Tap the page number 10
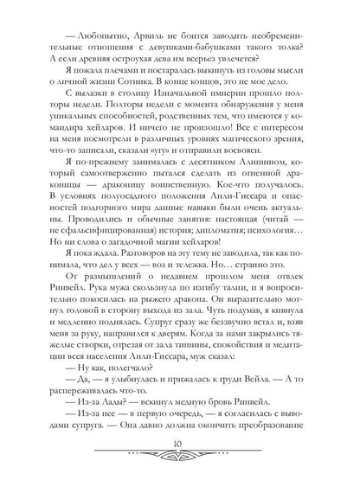coord(180,455)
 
